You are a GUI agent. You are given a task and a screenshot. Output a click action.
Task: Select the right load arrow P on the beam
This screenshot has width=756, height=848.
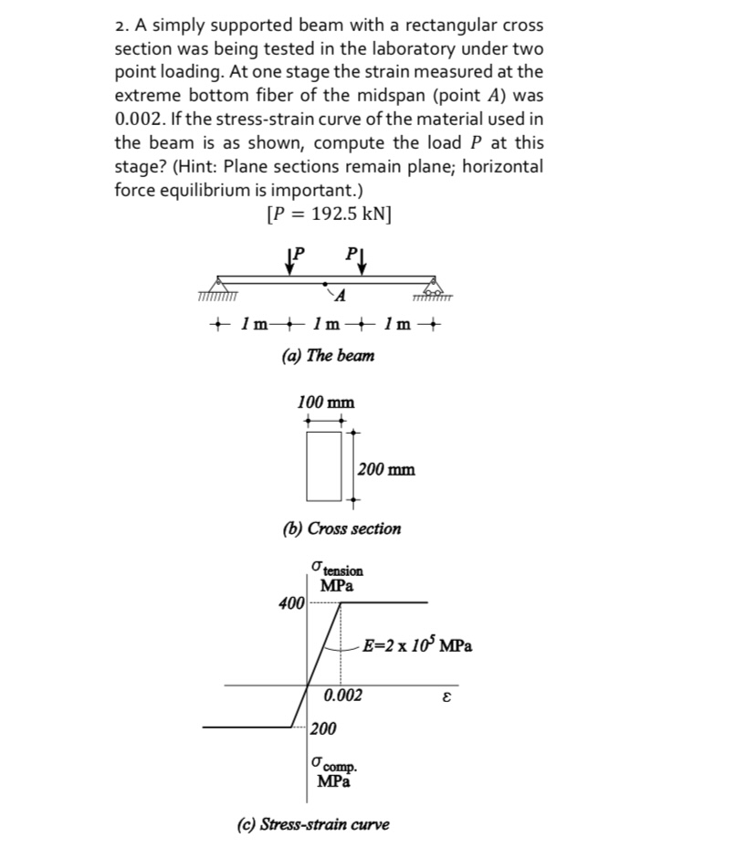click(362, 260)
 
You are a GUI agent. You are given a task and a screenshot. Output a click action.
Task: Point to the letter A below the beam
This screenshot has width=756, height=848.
click(340, 295)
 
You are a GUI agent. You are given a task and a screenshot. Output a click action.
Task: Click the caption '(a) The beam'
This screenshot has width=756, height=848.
click(327, 356)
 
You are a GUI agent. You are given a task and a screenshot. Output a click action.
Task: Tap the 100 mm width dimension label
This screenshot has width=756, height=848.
click(326, 403)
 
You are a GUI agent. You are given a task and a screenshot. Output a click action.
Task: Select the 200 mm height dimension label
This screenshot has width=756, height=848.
click(385, 469)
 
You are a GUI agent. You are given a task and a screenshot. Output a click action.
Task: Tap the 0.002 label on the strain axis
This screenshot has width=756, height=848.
click(342, 696)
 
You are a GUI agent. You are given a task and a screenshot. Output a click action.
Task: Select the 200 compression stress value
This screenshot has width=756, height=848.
click(322, 728)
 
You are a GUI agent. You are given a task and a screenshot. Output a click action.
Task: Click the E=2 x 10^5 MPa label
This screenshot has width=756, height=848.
click(416, 645)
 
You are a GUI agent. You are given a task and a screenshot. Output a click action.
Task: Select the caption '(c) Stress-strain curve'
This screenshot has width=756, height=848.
click(312, 824)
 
